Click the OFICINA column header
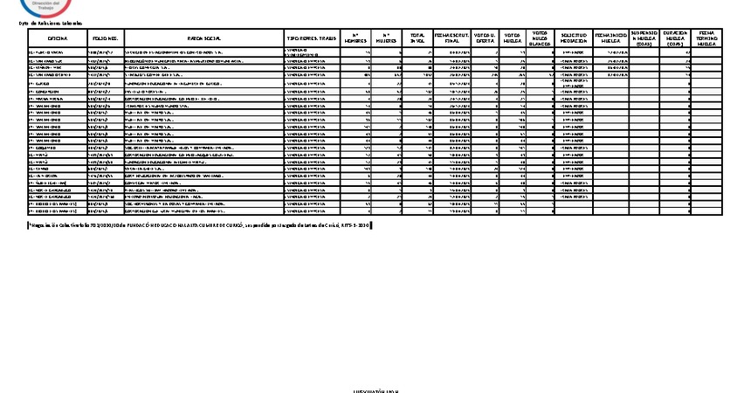tap(58, 39)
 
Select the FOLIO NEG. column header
tap(105, 39)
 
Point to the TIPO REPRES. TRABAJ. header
tap(312, 39)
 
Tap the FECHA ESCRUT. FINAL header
tap(451, 39)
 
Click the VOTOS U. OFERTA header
tap(484, 39)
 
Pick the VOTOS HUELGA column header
tap(513, 39)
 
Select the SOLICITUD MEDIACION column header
tap(574, 39)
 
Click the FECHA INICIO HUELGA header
tap(610, 39)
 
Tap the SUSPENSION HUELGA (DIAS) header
tap(644, 39)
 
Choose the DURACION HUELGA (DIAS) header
tap(675, 39)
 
